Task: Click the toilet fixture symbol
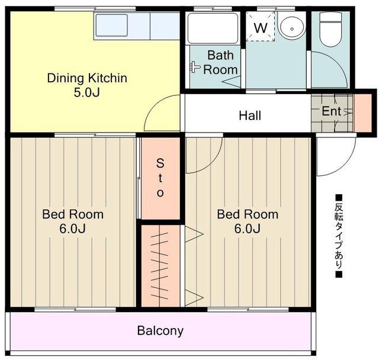[330, 29]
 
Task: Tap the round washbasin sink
[292, 28]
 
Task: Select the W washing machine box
[261, 27]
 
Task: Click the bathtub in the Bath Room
[213, 28]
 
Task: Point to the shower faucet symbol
[194, 66]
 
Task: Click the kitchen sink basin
[111, 25]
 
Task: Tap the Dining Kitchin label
[87, 78]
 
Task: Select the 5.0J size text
[86, 92]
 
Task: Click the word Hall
[250, 115]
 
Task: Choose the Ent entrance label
[332, 111]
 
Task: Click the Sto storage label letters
[160, 178]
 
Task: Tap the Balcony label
[160, 330]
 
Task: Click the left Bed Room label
[73, 221]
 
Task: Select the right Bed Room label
[248, 221]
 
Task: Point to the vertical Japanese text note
[339, 236]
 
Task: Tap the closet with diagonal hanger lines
[160, 266]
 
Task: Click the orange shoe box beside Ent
[363, 113]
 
